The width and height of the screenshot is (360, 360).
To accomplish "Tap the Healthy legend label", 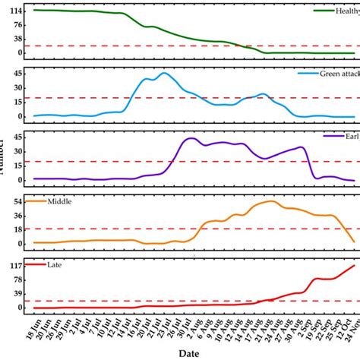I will [x=348, y=11].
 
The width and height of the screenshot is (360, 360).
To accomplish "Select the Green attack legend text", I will [x=338, y=74].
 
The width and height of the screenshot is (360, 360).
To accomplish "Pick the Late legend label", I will [x=55, y=264].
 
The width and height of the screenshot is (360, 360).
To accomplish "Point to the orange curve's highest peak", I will [x=270, y=201].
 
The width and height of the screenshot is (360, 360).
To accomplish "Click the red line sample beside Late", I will [x=35, y=264].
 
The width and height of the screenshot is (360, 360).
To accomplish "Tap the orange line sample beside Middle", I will [x=35, y=202].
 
